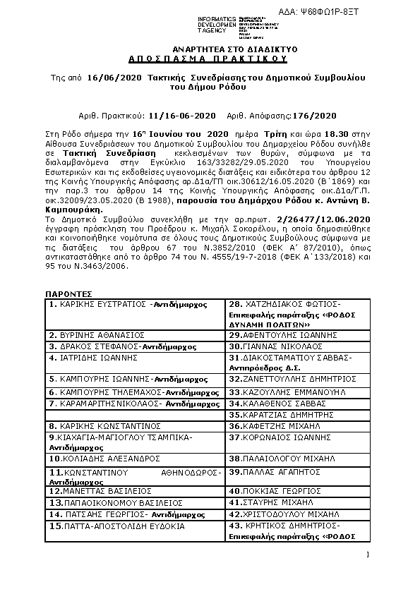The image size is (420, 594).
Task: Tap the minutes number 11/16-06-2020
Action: coord(181,115)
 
